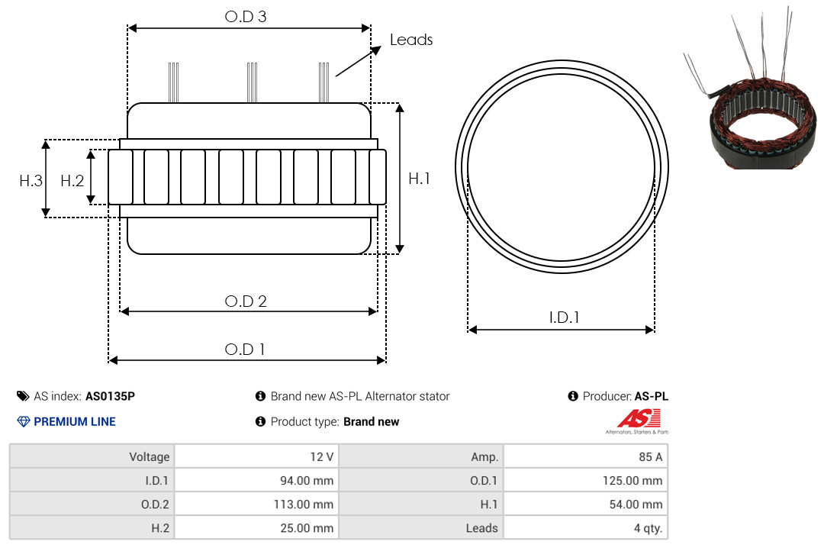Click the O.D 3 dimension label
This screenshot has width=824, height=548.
246,17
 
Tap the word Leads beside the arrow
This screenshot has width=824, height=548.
411,40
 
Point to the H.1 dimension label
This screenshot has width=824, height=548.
420,179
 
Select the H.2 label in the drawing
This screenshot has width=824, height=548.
72,181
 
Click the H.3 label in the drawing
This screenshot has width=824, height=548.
31,181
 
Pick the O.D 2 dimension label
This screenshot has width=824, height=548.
246,301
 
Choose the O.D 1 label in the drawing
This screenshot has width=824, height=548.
245,350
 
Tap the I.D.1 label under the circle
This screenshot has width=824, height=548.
564,318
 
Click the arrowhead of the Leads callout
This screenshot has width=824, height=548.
376,50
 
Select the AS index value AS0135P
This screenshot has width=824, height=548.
110,396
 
